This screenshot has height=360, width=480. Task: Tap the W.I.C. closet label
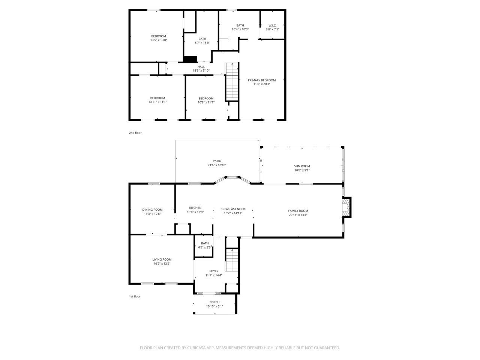click(272, 25)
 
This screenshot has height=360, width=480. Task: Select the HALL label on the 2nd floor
click(201, 67)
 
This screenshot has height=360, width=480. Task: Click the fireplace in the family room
click(346, 207)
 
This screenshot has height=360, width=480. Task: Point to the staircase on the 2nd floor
click(232, 81)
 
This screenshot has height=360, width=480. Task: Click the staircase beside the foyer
click(232, 261)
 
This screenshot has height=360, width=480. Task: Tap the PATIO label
click(217, 161)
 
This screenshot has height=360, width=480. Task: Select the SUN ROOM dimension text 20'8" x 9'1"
click(302, 170)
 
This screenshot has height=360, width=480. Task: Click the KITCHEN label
click(195, 208)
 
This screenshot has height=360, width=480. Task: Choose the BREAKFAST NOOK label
click(233, 209)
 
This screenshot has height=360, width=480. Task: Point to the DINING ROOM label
click(152, 210)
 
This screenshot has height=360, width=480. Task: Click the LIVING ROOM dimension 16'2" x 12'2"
click(162, 264)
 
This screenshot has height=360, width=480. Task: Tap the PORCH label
click(214, 302)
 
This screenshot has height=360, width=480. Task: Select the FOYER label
click(214, 271)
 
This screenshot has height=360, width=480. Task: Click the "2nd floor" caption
click(135, 133)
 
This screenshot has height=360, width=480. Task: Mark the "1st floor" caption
click(135, 297)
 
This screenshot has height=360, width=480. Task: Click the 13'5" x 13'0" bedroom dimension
click(159, 40)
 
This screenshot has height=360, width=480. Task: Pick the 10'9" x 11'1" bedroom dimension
click(206, 102)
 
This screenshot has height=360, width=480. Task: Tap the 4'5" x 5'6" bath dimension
click(205, 247)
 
